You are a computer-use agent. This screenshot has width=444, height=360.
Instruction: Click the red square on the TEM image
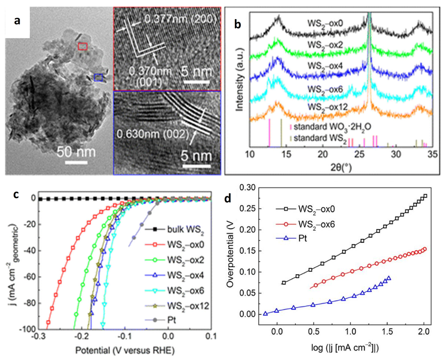click(x=83, y=46)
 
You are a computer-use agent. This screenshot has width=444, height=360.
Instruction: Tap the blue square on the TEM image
click(x=98, y=77)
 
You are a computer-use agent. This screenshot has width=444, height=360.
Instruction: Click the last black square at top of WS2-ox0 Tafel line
click(x=425, y=196)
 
